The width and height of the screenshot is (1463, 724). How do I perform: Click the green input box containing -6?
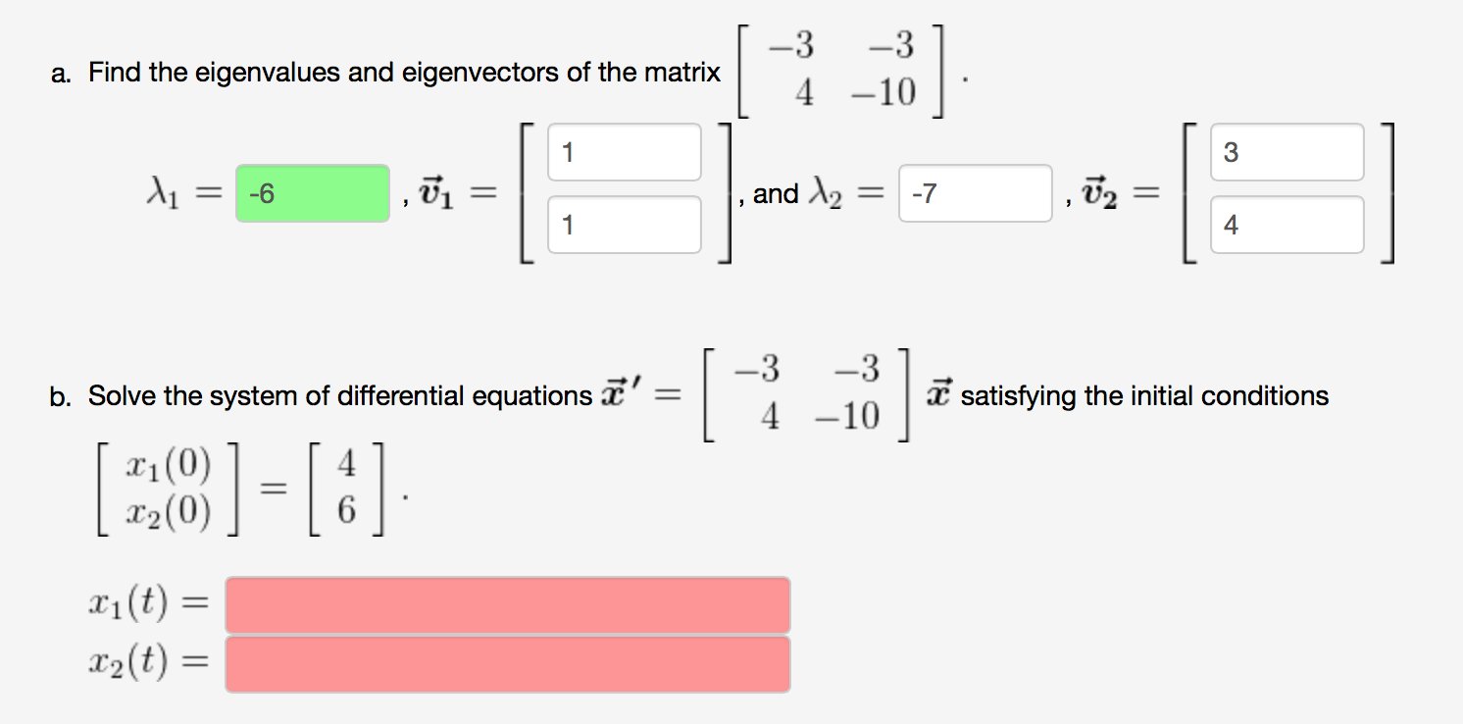313,193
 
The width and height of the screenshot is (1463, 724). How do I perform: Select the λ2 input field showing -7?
975,193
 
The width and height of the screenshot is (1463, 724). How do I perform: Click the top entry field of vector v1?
625,152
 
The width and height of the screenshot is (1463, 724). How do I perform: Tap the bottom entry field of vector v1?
625,225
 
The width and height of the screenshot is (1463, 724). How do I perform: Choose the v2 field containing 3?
1287,152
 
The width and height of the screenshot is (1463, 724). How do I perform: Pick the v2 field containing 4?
1287,225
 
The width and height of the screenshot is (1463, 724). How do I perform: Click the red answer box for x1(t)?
508,605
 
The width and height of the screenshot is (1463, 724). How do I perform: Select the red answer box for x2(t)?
508,664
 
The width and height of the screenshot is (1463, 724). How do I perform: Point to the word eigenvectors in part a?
480,74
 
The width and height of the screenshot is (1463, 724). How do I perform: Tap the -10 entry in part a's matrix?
883,92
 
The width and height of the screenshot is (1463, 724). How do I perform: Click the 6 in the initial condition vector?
347,510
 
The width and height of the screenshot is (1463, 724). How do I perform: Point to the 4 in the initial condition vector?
347,464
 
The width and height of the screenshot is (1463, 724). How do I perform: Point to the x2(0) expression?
169,511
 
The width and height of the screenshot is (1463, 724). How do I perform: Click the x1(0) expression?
169,465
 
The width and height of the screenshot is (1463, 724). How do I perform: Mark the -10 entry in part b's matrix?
848,416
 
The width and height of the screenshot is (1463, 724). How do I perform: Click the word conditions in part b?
1265,396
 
